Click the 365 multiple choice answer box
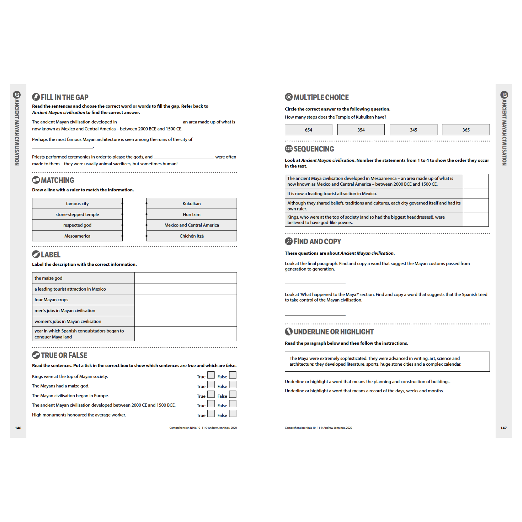pos(466,130)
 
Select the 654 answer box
pos(308,130)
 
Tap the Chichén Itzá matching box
pos(191,236)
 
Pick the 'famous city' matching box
pos(77,203)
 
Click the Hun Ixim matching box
pos(191,214)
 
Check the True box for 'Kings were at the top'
pos(211,375)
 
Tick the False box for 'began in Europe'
pos(232,394)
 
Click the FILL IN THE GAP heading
pos(64,97)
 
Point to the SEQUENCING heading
pos(313,149)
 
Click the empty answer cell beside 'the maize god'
pos(185,278)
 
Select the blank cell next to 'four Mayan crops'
pos(185,299)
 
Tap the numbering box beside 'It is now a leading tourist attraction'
pos(476,194)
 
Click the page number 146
pos(18,428)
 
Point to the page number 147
pos(504,428)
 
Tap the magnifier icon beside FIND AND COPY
pos(288,241)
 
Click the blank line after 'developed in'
pos(148,122)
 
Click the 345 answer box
pos(413,130)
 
